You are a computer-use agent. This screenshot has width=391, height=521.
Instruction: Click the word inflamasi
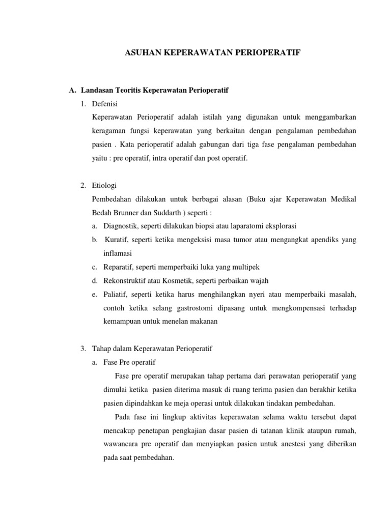[x=117, y=253]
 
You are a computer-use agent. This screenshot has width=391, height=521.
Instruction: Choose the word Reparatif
[x=120, y=267]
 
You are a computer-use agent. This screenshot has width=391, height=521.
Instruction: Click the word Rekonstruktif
[x=127, y=280]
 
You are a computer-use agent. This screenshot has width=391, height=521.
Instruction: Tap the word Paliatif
[x=117, y=294]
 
